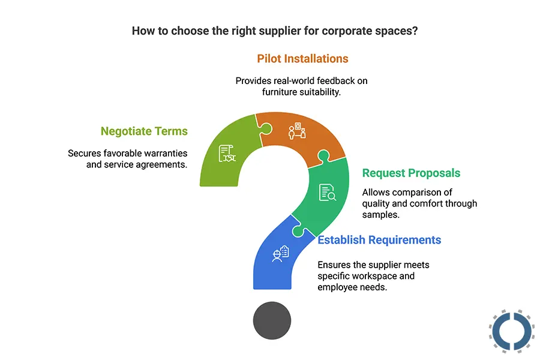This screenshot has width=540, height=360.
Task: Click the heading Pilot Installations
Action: [x=302, y=59]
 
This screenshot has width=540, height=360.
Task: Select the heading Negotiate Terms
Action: [x=144, y=131]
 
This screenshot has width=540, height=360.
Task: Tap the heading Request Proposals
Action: [x=411, y=173]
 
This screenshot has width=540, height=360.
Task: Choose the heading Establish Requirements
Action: [x=379, y=240]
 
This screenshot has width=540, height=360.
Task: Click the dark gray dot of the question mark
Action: [x=272, y=321]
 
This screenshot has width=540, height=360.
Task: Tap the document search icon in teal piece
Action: [x=328, y=192]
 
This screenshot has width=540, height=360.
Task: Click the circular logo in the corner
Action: [x=511, y=331]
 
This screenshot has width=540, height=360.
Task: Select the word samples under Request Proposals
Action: [x=379, y=215]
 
